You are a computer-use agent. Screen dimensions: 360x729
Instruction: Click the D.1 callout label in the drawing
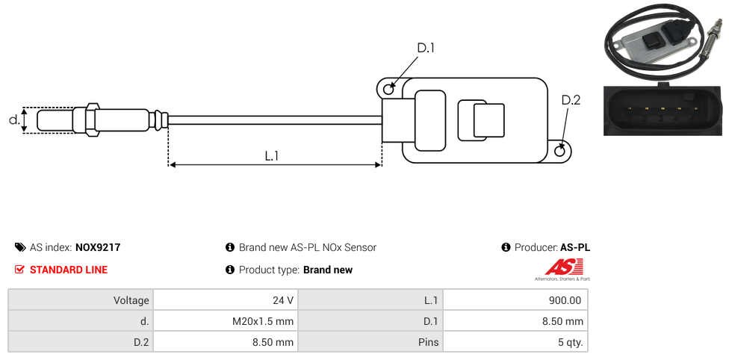coord(426,48)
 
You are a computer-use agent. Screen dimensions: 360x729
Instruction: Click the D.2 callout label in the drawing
coord(571,100)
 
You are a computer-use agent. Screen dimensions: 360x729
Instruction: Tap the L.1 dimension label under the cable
coord(272,156)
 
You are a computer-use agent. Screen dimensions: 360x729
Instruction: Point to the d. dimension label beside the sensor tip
coord(13,120)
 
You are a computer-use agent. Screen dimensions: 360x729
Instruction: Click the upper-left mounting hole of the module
coord(388,90)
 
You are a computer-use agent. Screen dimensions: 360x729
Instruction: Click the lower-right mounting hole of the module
coord(561,151)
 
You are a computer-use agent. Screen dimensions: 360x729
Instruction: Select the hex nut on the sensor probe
coord(93,120)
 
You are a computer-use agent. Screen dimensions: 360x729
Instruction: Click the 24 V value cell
coord(283,300)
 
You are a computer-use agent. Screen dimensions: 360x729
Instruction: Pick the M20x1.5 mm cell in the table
coord(263,321)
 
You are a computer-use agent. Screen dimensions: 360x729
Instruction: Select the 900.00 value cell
coord(565,300)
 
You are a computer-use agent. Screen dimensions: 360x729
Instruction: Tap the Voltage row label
coord(131,300)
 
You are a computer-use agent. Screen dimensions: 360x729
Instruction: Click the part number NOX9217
coord(98,247)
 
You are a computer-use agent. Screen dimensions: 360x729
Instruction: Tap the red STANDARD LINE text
coord(69,270)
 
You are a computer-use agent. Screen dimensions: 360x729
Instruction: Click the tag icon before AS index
coord(20,247)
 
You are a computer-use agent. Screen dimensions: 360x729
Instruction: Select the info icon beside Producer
coord(506,247)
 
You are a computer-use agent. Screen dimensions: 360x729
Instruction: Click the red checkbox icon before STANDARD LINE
coord(20,270)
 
